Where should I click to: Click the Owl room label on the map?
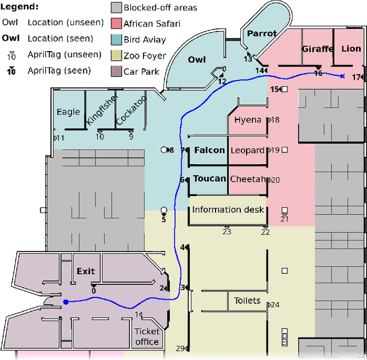click(197, 59)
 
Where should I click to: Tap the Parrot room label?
click(261, 34)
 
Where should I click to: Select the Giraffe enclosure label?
click(317, 49)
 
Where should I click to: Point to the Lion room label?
click(351, 49)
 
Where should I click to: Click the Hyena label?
click(248, 120)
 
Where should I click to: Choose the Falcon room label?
click(209, 150)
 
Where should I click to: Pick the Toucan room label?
click(209, 179)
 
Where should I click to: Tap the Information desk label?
click(228, 210)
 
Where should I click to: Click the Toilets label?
click(247, 301)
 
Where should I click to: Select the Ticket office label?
click(147, 336)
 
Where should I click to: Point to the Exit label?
click(85, 271)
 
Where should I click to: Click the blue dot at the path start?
click(65, 302)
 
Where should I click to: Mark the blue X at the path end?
click(342, 76)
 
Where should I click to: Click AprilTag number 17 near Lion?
click(357, 78)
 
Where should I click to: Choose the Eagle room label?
click(68, 112)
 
